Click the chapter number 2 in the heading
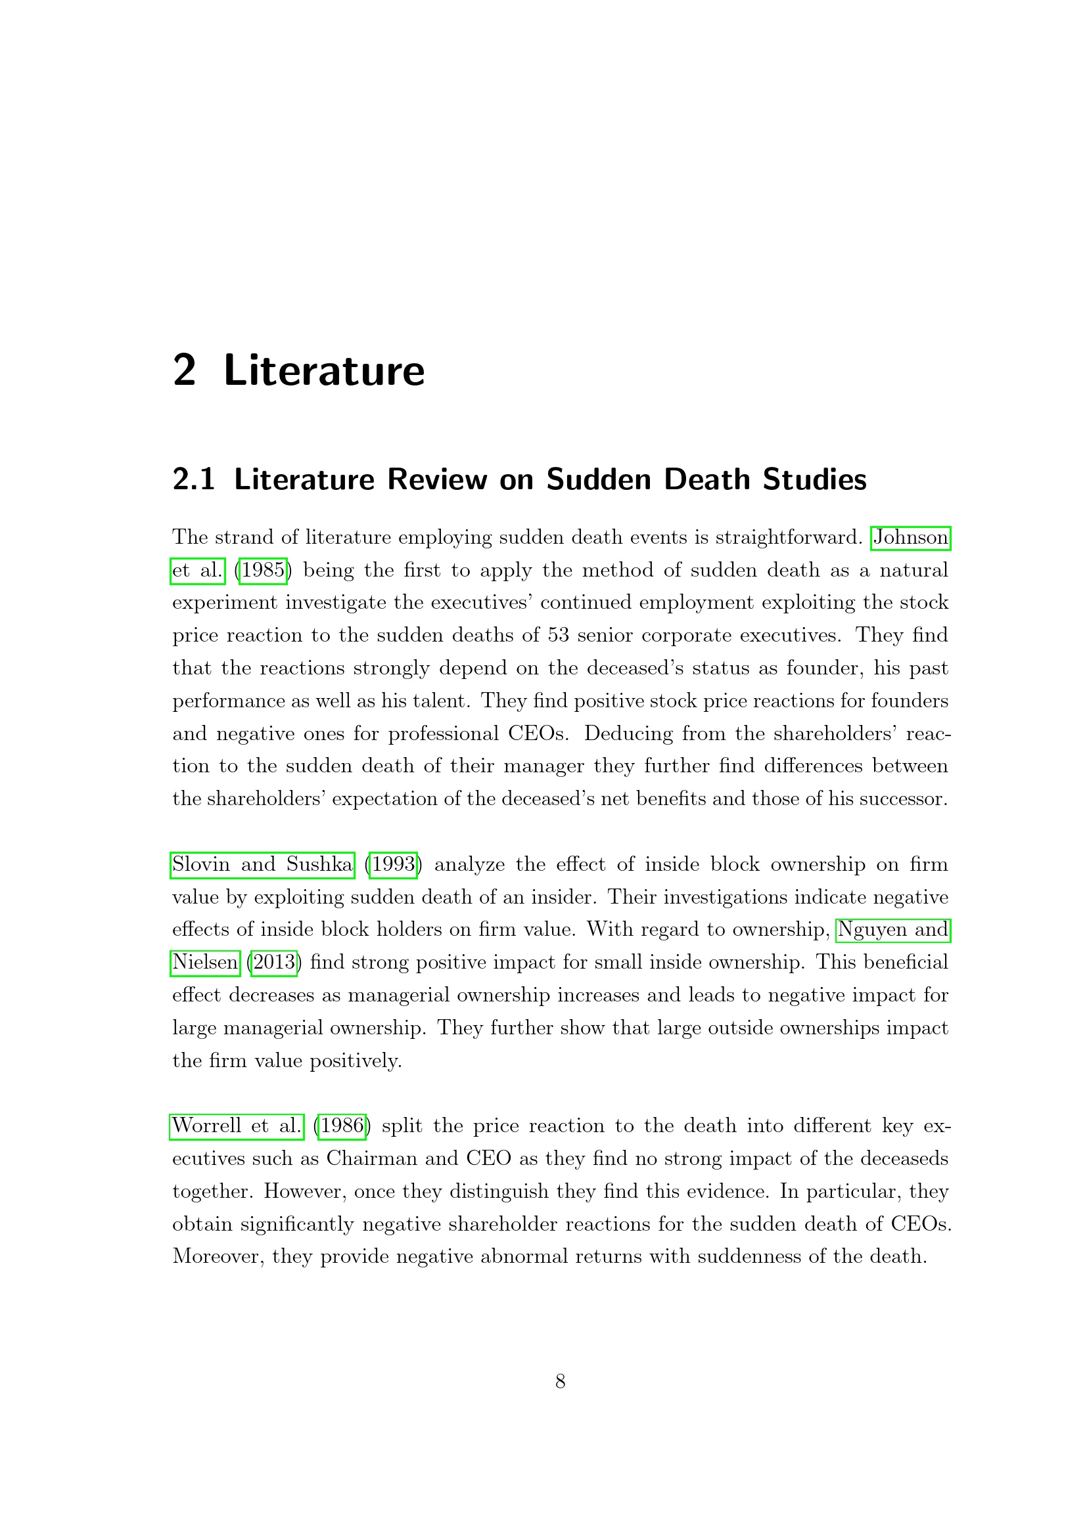click(184, 370)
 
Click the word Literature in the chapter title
click(324, 371)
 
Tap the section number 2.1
click(193, 479)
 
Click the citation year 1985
click(263, 570)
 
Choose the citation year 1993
click(393, 864)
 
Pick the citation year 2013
click(274, 962)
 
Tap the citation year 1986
click(342, 1126)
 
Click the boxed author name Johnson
click(910, 537)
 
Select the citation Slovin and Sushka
click(262, 864)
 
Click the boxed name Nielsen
click(205, 962)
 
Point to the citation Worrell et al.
click(237, 1126)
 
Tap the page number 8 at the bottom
click(560, 1381)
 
